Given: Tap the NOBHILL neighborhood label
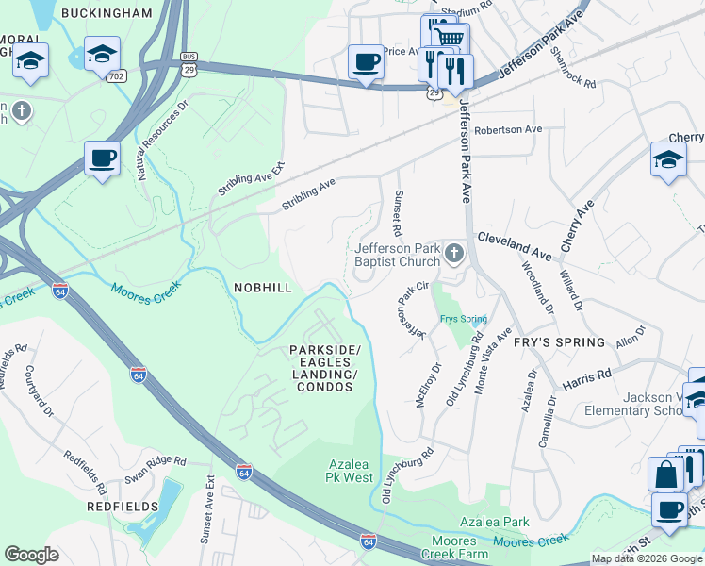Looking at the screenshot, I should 264,286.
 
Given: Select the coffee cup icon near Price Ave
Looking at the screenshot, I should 366,62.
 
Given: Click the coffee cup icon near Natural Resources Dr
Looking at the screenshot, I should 102,158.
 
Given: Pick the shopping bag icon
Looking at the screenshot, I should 665,474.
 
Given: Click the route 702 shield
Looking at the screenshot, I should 116,75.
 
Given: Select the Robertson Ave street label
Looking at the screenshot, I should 509,129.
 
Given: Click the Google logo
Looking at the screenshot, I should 32,554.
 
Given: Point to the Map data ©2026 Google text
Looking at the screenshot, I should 647,558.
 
